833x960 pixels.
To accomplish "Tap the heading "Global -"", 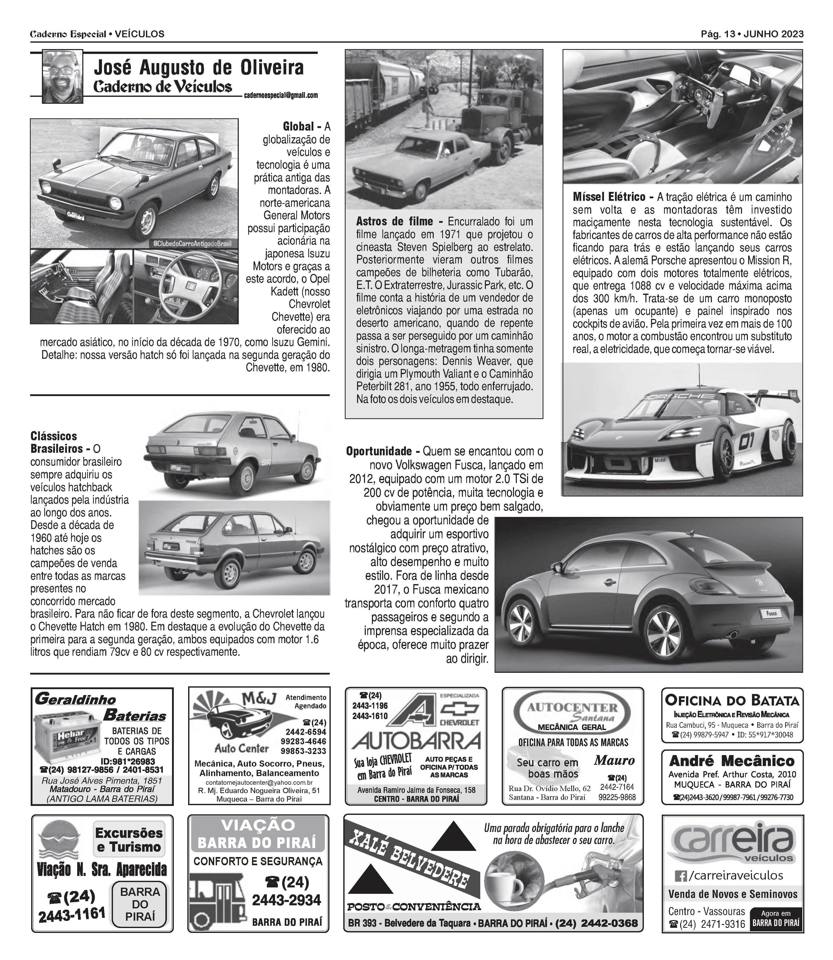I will pyautogui.click(x=302, y=126).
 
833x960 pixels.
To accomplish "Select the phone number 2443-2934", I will pyautogui.click(x=286, y=900).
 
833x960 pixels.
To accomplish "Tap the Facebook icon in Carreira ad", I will pyautogui.click(x=680, y=876).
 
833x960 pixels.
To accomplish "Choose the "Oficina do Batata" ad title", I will pyautogui.click(x=732, y=700).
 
